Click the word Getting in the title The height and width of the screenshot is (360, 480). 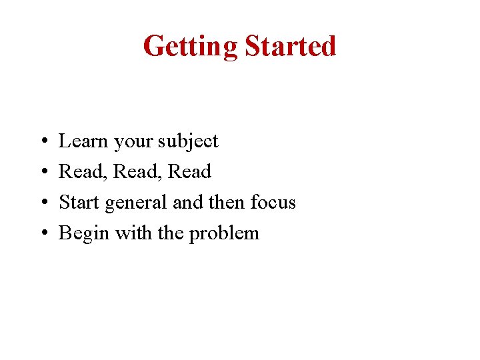190,47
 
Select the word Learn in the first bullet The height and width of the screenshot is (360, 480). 83,141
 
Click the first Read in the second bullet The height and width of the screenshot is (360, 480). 81,172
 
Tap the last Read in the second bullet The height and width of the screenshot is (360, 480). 189,172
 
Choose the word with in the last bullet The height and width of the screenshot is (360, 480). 132,233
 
